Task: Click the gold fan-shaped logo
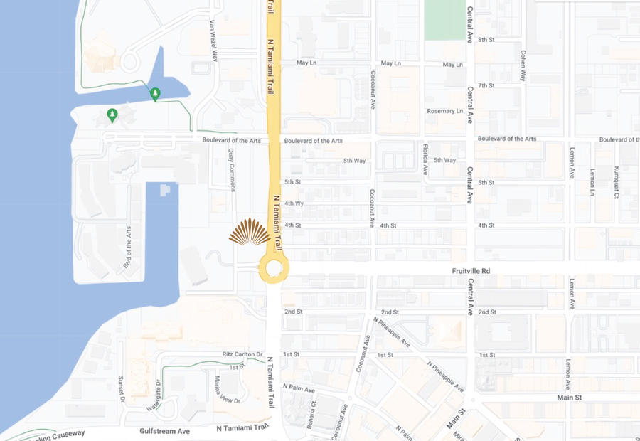coord(250,232)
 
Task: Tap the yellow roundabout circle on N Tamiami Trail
coord(274,270)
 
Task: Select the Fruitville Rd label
coord(471,271)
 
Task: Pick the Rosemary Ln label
coord(444,111)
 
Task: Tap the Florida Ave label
coord(425,159)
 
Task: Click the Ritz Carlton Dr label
coord(242,354)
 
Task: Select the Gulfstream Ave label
coord(165,431)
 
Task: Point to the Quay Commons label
coord(232,169)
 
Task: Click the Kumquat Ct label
coord(617,182)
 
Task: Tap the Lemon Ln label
coord(592,182)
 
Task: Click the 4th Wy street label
coord(294,203)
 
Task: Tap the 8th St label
coord(486,40)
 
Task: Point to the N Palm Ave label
coord(299,388)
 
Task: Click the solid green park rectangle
coord(444,19)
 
